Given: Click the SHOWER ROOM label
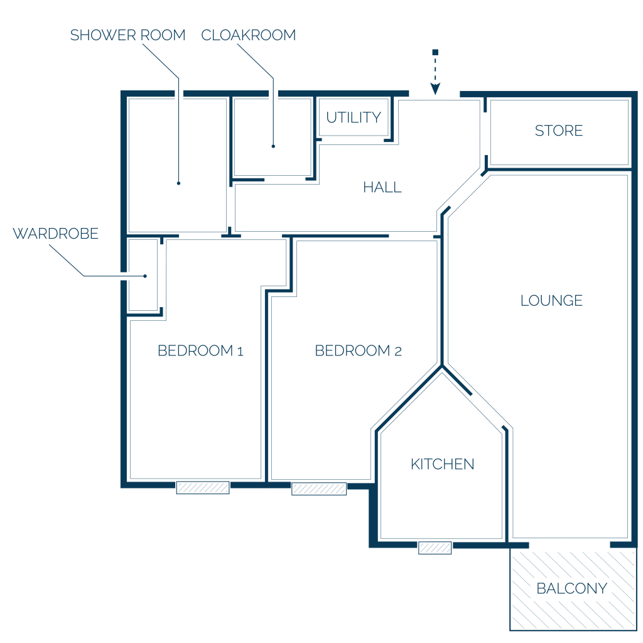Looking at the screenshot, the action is [127, 35].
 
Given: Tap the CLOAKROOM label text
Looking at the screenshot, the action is [249, 35].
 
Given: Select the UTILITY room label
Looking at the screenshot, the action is [354, 117].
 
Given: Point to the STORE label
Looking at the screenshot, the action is [558, 131].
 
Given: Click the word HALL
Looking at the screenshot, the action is [382, 187].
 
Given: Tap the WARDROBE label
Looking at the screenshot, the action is [56, 234].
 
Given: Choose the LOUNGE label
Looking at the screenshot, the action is [551, 301].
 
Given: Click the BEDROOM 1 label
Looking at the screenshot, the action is [200, 350].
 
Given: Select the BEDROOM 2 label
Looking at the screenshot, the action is [358, 350].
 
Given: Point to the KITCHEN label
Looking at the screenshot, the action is [443, 464].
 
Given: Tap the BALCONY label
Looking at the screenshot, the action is [571, 588].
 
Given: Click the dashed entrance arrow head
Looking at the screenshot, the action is [435, 89].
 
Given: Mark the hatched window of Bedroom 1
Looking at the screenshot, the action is [203, 487].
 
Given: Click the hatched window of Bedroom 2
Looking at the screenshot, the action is [319, 489].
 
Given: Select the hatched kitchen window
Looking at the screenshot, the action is [435, 548].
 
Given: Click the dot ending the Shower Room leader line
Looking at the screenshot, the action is [179, 183].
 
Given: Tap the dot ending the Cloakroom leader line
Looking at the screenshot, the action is [273, 146].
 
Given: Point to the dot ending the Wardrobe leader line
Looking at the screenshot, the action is [145, 276].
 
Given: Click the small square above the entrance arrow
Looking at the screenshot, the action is [436, 52].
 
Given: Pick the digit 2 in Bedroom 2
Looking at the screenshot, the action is [397, 352].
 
